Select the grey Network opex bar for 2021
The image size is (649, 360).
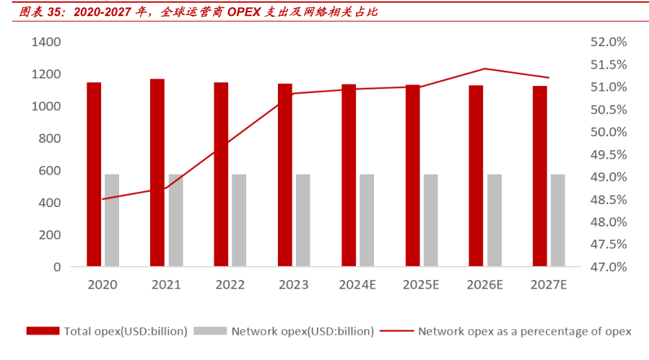(175, 220)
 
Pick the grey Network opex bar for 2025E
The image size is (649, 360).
(430, 220)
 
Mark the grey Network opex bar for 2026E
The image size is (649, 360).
(494, 220)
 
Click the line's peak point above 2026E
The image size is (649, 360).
(485, 69)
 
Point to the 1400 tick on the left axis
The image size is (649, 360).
(46, 43)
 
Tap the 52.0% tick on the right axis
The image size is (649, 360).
(609, 43)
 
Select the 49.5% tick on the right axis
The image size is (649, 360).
(609, 154)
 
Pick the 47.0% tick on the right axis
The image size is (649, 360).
(609, 267)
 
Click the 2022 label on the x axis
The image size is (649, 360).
(230, 285)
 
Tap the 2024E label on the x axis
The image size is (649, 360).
(359, 285)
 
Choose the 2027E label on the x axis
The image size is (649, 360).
(549, 285)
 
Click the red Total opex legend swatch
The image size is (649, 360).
(43, 331)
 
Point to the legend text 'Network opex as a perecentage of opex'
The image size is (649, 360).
(525, 331)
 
